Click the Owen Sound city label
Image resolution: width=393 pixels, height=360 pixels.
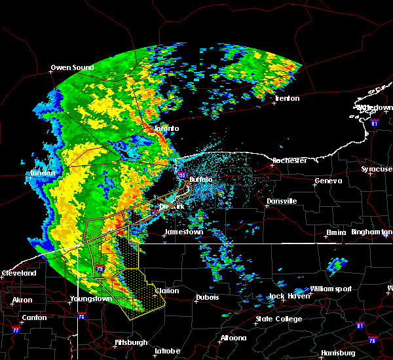72,67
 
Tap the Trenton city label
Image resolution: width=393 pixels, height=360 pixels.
287,99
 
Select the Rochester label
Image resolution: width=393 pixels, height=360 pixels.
290,160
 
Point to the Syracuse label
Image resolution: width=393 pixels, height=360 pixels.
376,169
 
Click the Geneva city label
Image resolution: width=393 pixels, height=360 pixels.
327,181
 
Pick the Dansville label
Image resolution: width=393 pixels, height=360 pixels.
282,201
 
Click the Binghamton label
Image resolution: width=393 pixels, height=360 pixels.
372,232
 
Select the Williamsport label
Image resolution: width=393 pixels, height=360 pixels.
331,289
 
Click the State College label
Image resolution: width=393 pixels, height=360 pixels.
279,319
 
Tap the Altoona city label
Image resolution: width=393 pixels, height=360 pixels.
233,338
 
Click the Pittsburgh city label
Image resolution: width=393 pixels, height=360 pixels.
130,342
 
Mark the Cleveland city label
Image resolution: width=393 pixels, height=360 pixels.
18,272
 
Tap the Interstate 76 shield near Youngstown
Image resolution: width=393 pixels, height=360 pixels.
83,317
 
